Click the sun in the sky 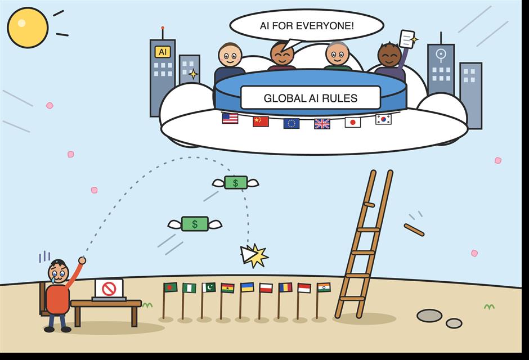(x=28, y=28)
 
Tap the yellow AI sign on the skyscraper (x=163, y=52)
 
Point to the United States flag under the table (x=230, y=118)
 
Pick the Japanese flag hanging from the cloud (x=352, y=122)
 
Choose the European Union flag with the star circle (x=292, y=124)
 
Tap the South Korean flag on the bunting (x=383, y=119)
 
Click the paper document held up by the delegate (x=407, y=39)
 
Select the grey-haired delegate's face (x=337, y=53)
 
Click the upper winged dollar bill (x=235, y=183)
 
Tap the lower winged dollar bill (x=195, y=224)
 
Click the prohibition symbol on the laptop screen (x=109, y=289)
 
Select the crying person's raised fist (x=82, y=260)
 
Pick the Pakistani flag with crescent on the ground (x=209, y=287)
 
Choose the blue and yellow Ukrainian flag (x=247, y=287)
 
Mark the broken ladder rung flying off (x=414, y=230)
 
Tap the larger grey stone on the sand (x=429, y=316)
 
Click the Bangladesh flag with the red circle (x=171, y=287)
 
